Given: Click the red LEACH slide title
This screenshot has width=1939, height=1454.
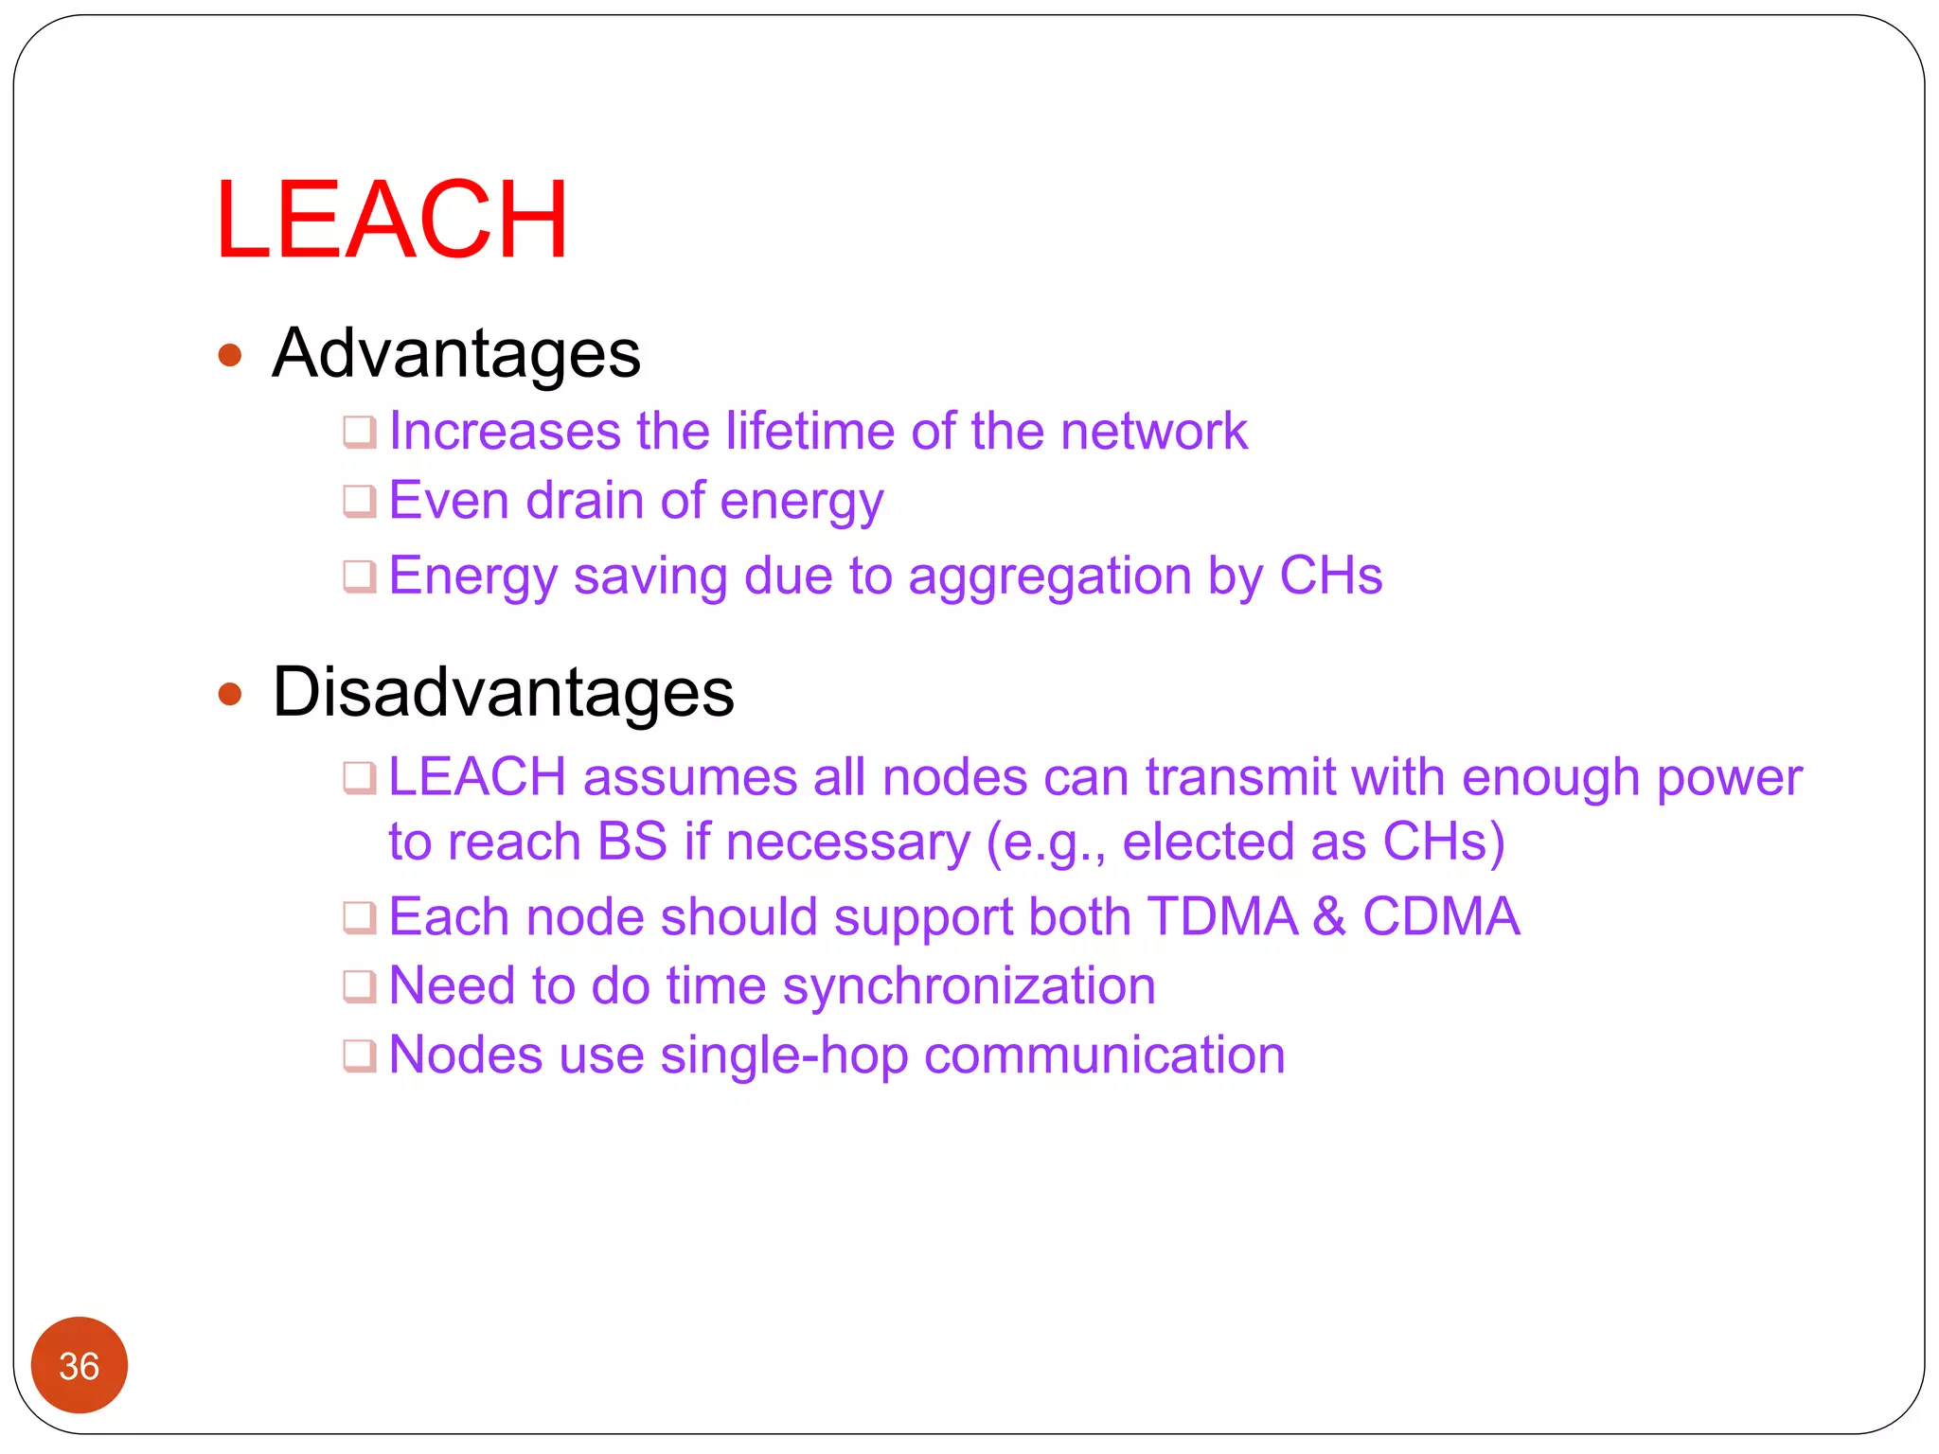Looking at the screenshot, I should tap(391, 220).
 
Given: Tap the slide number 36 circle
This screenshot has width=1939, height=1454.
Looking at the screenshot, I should tap(80, 1364).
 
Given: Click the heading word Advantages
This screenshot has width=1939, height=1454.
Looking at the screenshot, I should tap(456, 354).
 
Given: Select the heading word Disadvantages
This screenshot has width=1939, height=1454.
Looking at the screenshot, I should tap(503, 692).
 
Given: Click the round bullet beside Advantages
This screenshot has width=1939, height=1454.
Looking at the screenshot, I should tap(230, 356).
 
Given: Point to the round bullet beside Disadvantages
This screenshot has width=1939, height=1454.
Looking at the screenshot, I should tap(230, 695).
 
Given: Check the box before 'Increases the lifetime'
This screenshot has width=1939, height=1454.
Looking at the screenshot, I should tap(360, 432).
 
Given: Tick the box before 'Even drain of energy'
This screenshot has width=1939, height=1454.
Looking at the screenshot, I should tap(360, 501).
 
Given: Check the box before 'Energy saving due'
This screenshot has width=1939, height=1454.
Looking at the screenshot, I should tap(360, 576).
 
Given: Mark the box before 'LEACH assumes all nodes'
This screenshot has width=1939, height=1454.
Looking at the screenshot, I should tap(360, 778).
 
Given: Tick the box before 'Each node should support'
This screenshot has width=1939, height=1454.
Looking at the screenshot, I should tap(360, 917).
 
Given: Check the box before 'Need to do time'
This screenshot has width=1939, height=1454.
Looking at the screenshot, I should tap(360, 986).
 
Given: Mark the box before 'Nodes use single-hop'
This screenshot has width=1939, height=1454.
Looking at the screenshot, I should tap(360, 1055).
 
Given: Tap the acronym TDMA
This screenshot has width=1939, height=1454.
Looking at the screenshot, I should tap(1221, 916).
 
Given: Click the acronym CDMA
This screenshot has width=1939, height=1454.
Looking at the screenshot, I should tap(1441, 916).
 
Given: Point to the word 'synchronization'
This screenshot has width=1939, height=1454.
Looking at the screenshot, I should tap(969, 987).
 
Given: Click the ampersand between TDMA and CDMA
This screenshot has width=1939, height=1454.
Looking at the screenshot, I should tap(1329, 916).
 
